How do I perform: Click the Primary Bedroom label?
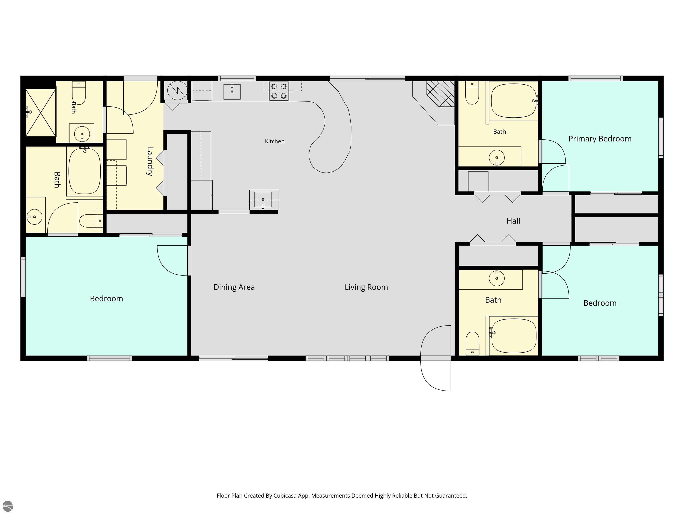coord(600,139)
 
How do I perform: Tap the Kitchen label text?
coord(275,141)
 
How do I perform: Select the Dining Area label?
coord(234,287)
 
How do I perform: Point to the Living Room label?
coord(366,287)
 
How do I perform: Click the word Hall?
coord(513,221)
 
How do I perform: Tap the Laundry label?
coord(150,161)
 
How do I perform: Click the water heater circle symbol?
coord(177,90)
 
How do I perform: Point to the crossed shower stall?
coord(41,113)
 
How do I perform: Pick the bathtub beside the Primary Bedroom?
coord(514,101)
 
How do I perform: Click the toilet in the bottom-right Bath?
coord(472,344)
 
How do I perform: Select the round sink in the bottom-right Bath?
coord(497,278)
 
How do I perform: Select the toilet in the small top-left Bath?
coord(79,93)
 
